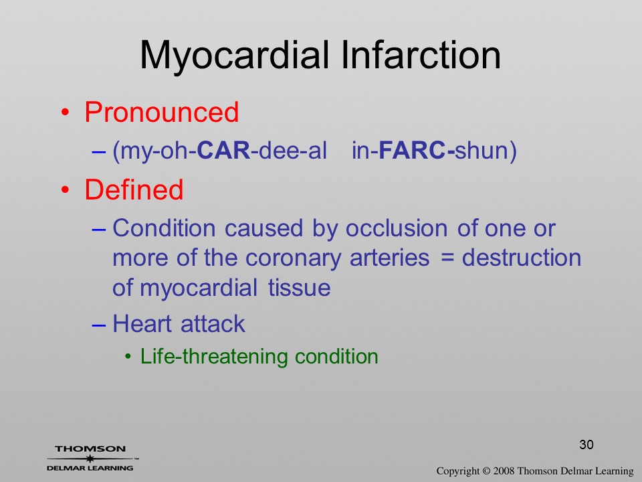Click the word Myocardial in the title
tap(234, 56)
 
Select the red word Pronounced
tap(162, 112)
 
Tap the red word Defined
tap(134, 189)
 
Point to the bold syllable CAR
tap(223, 150)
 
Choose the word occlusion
tap(397, 228)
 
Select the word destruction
tap(522, 258)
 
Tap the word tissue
tap(300, 287)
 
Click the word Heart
tap(142, 323)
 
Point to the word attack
tap(213, 323)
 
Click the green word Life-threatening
tap(214, 357)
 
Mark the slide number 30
tap(586, 445)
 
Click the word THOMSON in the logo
tap(90, 449)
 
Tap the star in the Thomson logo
tap(90, 459)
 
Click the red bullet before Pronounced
tap(65, 112)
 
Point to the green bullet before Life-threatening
tap(128, 356)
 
